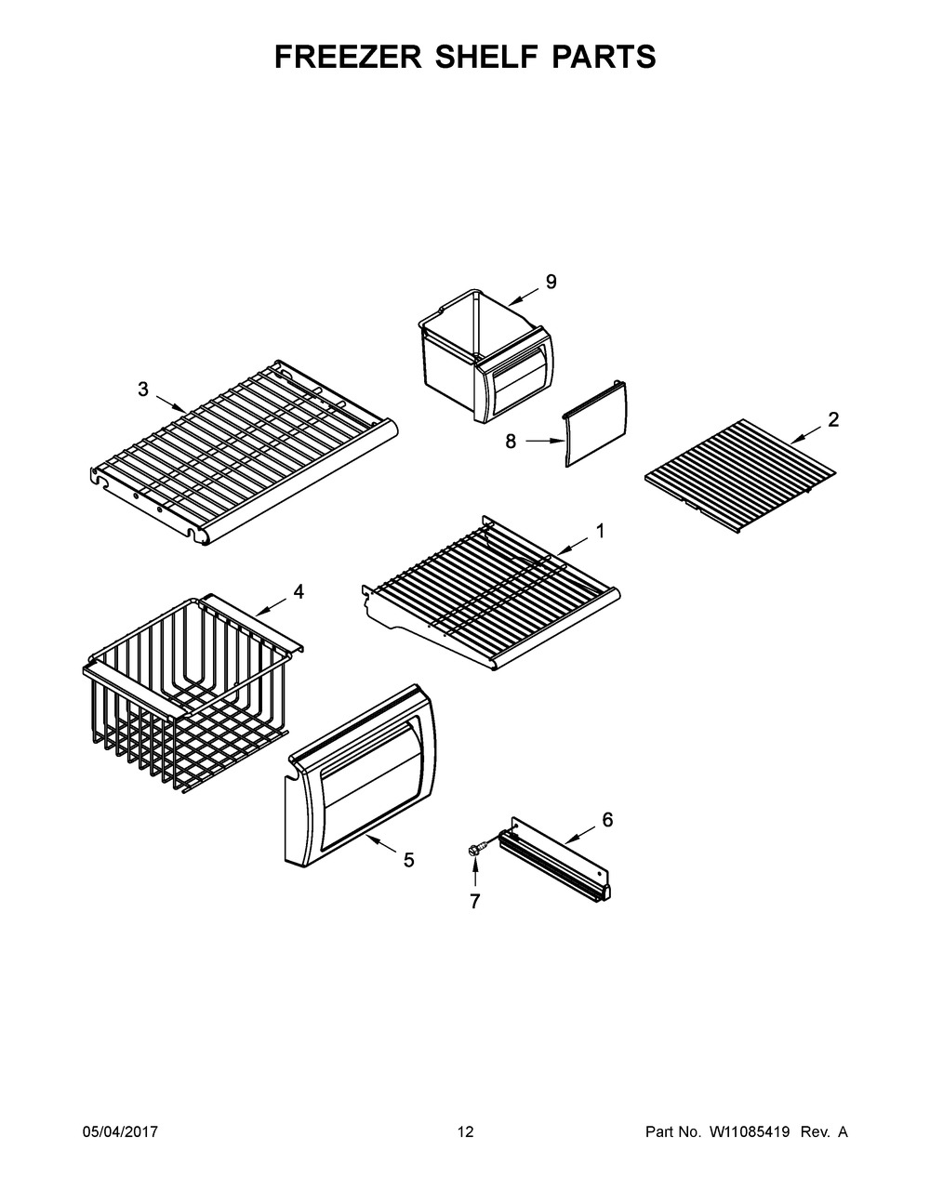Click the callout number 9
coord(551,282)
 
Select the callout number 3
coord(143,390)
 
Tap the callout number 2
coord(832,419)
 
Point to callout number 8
coord(511,442)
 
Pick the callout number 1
coord(600,531)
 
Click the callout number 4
coord(298,591)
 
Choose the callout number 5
coord(408,860)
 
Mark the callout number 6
coord(607,819)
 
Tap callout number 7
coord(475,901)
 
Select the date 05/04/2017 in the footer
coord(120,1131)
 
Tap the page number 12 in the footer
coord(465,1131)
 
